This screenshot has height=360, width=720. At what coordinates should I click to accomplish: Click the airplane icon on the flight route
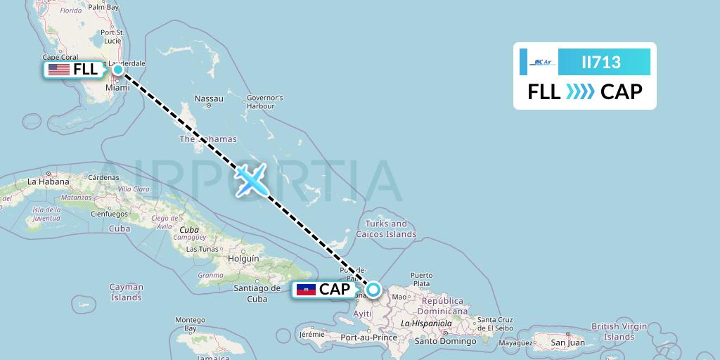[x=250, y=181]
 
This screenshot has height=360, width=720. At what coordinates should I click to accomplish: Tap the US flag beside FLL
[x=59, y=70]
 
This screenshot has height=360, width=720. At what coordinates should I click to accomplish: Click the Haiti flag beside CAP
[x=306, y=289]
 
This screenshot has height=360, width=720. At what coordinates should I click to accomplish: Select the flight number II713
[x=601, y=62]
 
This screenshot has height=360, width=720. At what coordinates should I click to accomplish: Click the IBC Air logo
[x=542, y=62]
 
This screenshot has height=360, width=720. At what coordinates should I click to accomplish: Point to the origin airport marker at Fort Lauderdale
[x=118, y=70]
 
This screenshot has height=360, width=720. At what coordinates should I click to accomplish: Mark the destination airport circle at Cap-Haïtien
[x=373, y=289]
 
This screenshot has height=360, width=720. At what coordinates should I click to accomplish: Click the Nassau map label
[x=209, y=98]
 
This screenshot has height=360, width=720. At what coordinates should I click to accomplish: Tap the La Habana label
[x=48, y=181]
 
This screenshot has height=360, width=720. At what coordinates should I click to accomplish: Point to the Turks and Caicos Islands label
[x=386, y=229]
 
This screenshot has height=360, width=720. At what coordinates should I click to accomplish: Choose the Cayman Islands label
[x=127, y=292]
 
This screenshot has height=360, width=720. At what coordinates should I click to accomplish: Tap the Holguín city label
[x=244, y=258]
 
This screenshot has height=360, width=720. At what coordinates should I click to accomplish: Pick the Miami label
[x=117, y=89]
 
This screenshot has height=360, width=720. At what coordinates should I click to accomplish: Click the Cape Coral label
[x=60, y=58]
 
